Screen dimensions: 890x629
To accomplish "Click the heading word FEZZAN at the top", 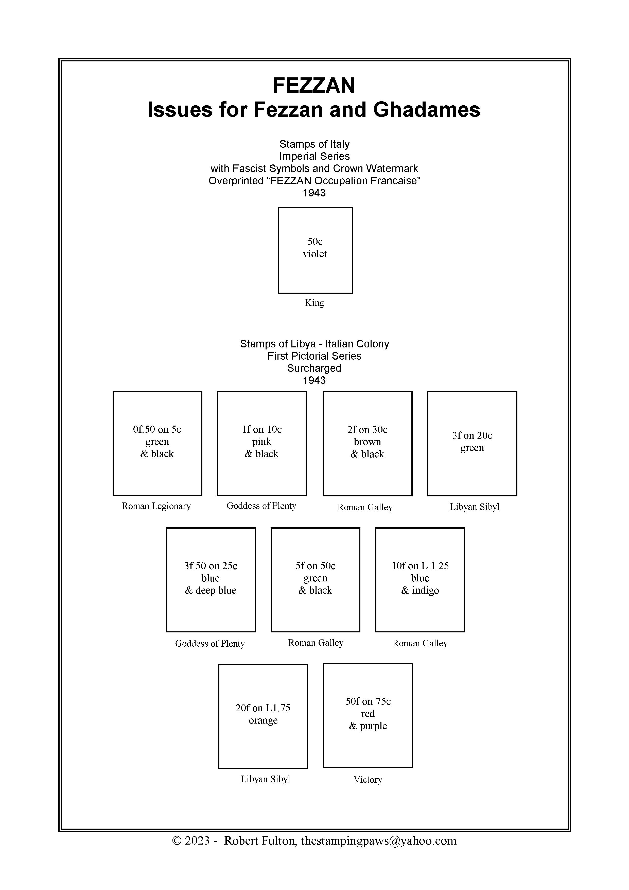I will pos(314,86).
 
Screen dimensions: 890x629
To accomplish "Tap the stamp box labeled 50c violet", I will pos(315,250).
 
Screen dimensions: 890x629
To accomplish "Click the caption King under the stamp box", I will pos(314,303).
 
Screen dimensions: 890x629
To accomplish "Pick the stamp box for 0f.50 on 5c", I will pos(157,443).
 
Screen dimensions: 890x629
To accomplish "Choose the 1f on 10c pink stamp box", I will pos(261,443).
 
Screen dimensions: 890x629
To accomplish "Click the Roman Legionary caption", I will pos(156,506).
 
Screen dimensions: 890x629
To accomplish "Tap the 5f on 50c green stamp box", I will pos(315,580).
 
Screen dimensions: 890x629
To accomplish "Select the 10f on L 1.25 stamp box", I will pos(420,580).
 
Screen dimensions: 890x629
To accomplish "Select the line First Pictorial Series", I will pos(314,356).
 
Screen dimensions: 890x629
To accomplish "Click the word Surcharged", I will pos(314,368).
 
